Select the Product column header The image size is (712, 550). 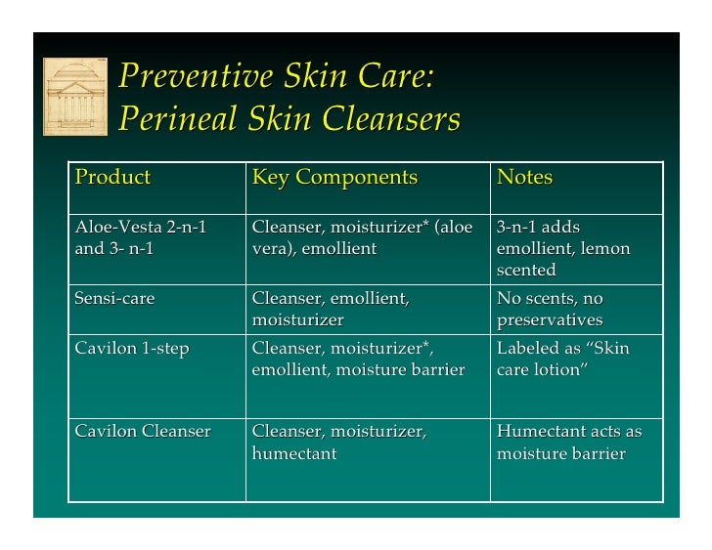112,178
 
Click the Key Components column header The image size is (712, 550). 334,178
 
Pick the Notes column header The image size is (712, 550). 525,178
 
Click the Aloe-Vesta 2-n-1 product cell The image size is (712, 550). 141,237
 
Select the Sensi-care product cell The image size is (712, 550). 115,299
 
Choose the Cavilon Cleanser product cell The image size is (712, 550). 143,431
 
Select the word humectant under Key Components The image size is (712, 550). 294,453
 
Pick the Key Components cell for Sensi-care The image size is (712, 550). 331,310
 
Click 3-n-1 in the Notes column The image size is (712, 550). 517,228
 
